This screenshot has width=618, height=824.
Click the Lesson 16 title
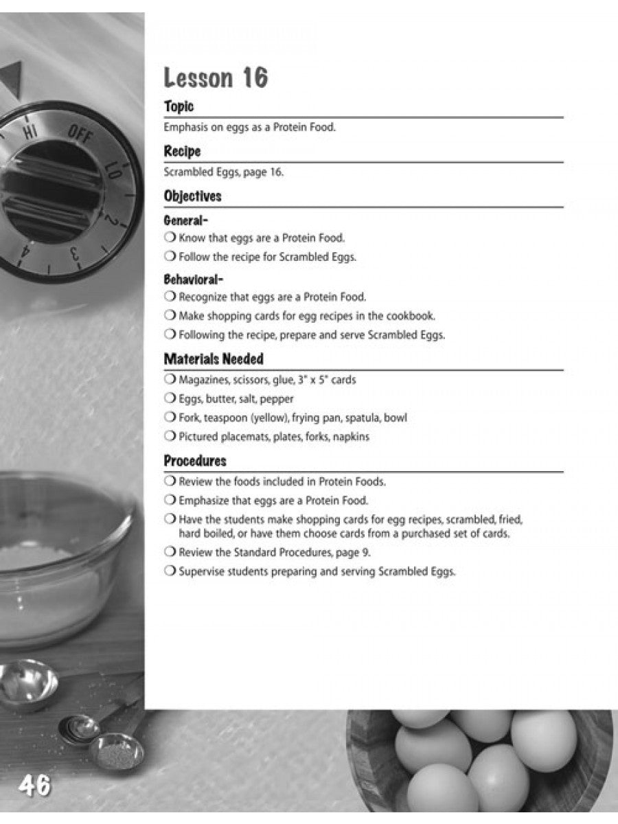click(x=216, y=78)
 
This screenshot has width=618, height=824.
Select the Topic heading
click(x=179, y=106)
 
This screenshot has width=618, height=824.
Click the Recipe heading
click(x=182, y=151)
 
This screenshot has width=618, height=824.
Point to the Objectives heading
click(x=192, y=196)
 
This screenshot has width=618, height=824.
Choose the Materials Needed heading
click(x=214, y=359)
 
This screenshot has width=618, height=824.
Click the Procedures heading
click(x=195, y=461)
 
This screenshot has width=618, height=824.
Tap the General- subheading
click(x=185, y=220)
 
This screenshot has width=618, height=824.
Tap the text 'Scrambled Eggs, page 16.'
click(x=223, y=172)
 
